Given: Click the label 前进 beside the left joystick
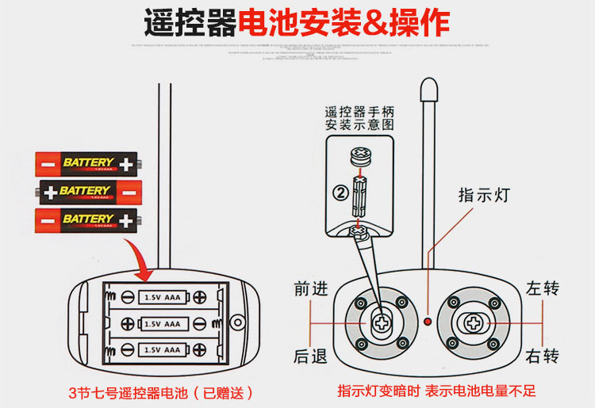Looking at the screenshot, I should (x=310, y=289).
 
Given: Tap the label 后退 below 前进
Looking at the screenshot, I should (x=310, y=357).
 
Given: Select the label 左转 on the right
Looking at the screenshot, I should (x=543, y=288).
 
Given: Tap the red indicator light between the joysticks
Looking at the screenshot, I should (x=427, y=322).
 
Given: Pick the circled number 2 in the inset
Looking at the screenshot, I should (x=339, y=192).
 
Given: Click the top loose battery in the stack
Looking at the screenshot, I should (x=87, y=163).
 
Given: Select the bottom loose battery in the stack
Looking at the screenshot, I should (x=87, y=219).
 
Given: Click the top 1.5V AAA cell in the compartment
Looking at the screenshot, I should (x=162, y=296).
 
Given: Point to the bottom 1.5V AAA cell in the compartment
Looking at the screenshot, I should (x=162, y=349).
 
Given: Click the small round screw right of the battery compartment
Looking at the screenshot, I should (x=236, y=322).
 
